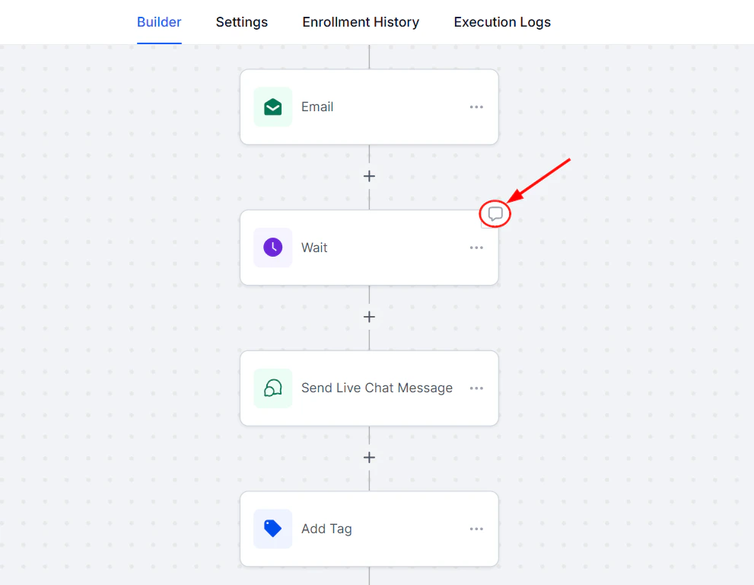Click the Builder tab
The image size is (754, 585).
(159, 22)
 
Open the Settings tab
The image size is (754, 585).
(241, 22)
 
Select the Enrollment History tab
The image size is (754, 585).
(361, 22)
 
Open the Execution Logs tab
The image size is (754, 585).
(502, 22)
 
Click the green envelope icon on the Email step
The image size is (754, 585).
(272, 107)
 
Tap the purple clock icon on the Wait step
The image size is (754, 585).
(272, 248)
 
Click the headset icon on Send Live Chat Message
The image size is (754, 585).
(272, 388)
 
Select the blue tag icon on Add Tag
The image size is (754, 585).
(272, 529)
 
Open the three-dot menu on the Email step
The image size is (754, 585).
(476, 107)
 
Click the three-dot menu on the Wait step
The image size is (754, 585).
(476, 248)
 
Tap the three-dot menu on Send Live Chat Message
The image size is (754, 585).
(476, 388)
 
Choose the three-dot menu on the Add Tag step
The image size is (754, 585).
(476, 529)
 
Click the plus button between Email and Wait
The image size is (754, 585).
(369, 176)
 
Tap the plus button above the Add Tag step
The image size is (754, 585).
(369, 458)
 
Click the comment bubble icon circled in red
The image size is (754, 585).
(495, 214)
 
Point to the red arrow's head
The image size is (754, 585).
(511, 202)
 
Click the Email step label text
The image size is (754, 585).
(317, 107)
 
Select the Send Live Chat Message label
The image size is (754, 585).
(377, 388)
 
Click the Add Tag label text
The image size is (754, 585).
(326, 529)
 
